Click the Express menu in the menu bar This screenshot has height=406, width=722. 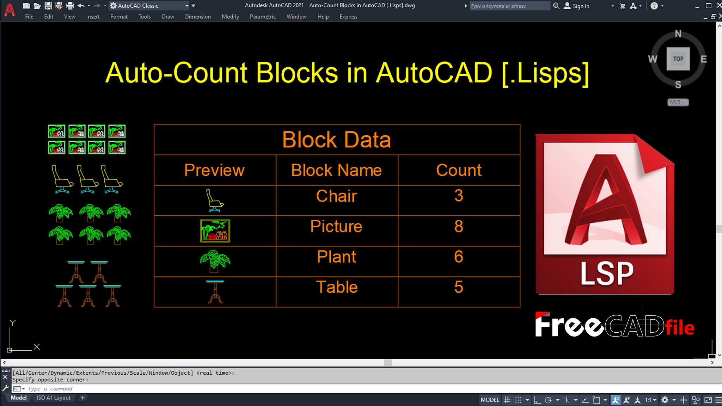pyautogui.click(x=348, y=17)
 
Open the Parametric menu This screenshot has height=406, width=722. pyautogui.click(x=263, y=17)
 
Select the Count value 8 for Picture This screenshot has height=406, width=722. pyautogui.click(x=459, y=226)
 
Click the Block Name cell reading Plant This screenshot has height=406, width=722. pyautogui.click(x=337, y=257)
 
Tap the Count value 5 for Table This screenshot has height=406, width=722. pyautogui.click(x=459, y=287)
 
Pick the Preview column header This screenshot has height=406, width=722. pyautogui.click(x=214, y=170)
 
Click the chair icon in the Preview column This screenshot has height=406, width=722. pyautogui.click(x=214, y=201)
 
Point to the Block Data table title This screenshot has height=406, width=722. pyautogui.click(x=337, y=140)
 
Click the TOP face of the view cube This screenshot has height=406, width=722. pyautogui.click(x=678, y=59)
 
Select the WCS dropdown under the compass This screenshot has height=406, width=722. pyautogui.click(x=678, y=102)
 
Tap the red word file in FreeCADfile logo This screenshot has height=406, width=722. pyautogui.click(x=680, y=328)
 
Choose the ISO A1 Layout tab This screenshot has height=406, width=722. pyautogui.click(x=54, y=398)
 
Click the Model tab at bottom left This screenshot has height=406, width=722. pyautogui.click(x=19, y=398)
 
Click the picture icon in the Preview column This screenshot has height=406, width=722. pyautogui.click(x=215, y=231)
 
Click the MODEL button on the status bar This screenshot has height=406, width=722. pyautogui.click(x=490, y=400)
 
